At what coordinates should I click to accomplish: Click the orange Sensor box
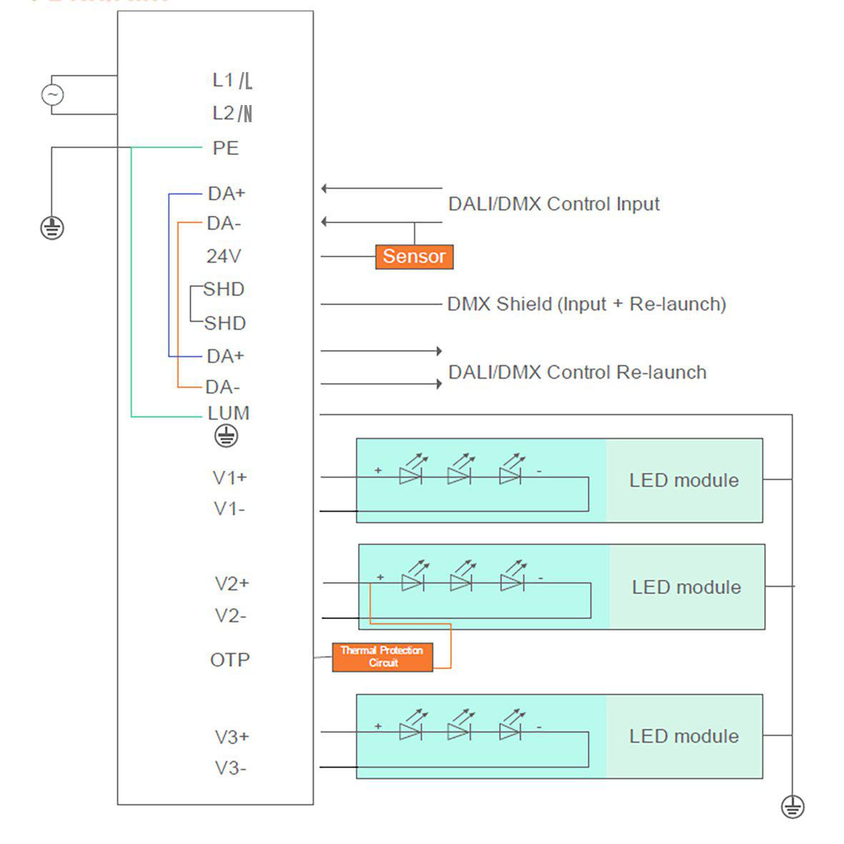(414, 257)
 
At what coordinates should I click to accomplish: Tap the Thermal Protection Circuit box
(382, 657)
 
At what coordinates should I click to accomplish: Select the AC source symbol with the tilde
(52, 94)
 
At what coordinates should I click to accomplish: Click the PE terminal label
(226, 148)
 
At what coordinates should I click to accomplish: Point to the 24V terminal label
(224, 256)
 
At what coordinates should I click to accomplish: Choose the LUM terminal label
(229, 413)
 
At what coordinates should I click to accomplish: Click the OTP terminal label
(230, 660)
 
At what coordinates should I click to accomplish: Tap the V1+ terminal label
(230, 477)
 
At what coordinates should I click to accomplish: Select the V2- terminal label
(230, 615)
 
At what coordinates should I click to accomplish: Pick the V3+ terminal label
(232, 737)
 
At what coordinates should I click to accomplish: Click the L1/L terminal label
(232, 81)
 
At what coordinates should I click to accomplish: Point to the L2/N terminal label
(232, 113)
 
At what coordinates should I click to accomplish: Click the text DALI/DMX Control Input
(554, 204)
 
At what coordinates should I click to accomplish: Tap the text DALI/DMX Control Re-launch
(577, 372)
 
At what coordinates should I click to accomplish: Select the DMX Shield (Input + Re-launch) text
(587, 304)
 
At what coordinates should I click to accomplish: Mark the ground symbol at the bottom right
(793, 806)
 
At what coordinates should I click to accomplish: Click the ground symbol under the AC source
(51, 228)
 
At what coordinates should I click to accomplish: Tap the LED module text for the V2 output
(686, 587)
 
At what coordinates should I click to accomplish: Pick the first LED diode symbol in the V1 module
(410, 474)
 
